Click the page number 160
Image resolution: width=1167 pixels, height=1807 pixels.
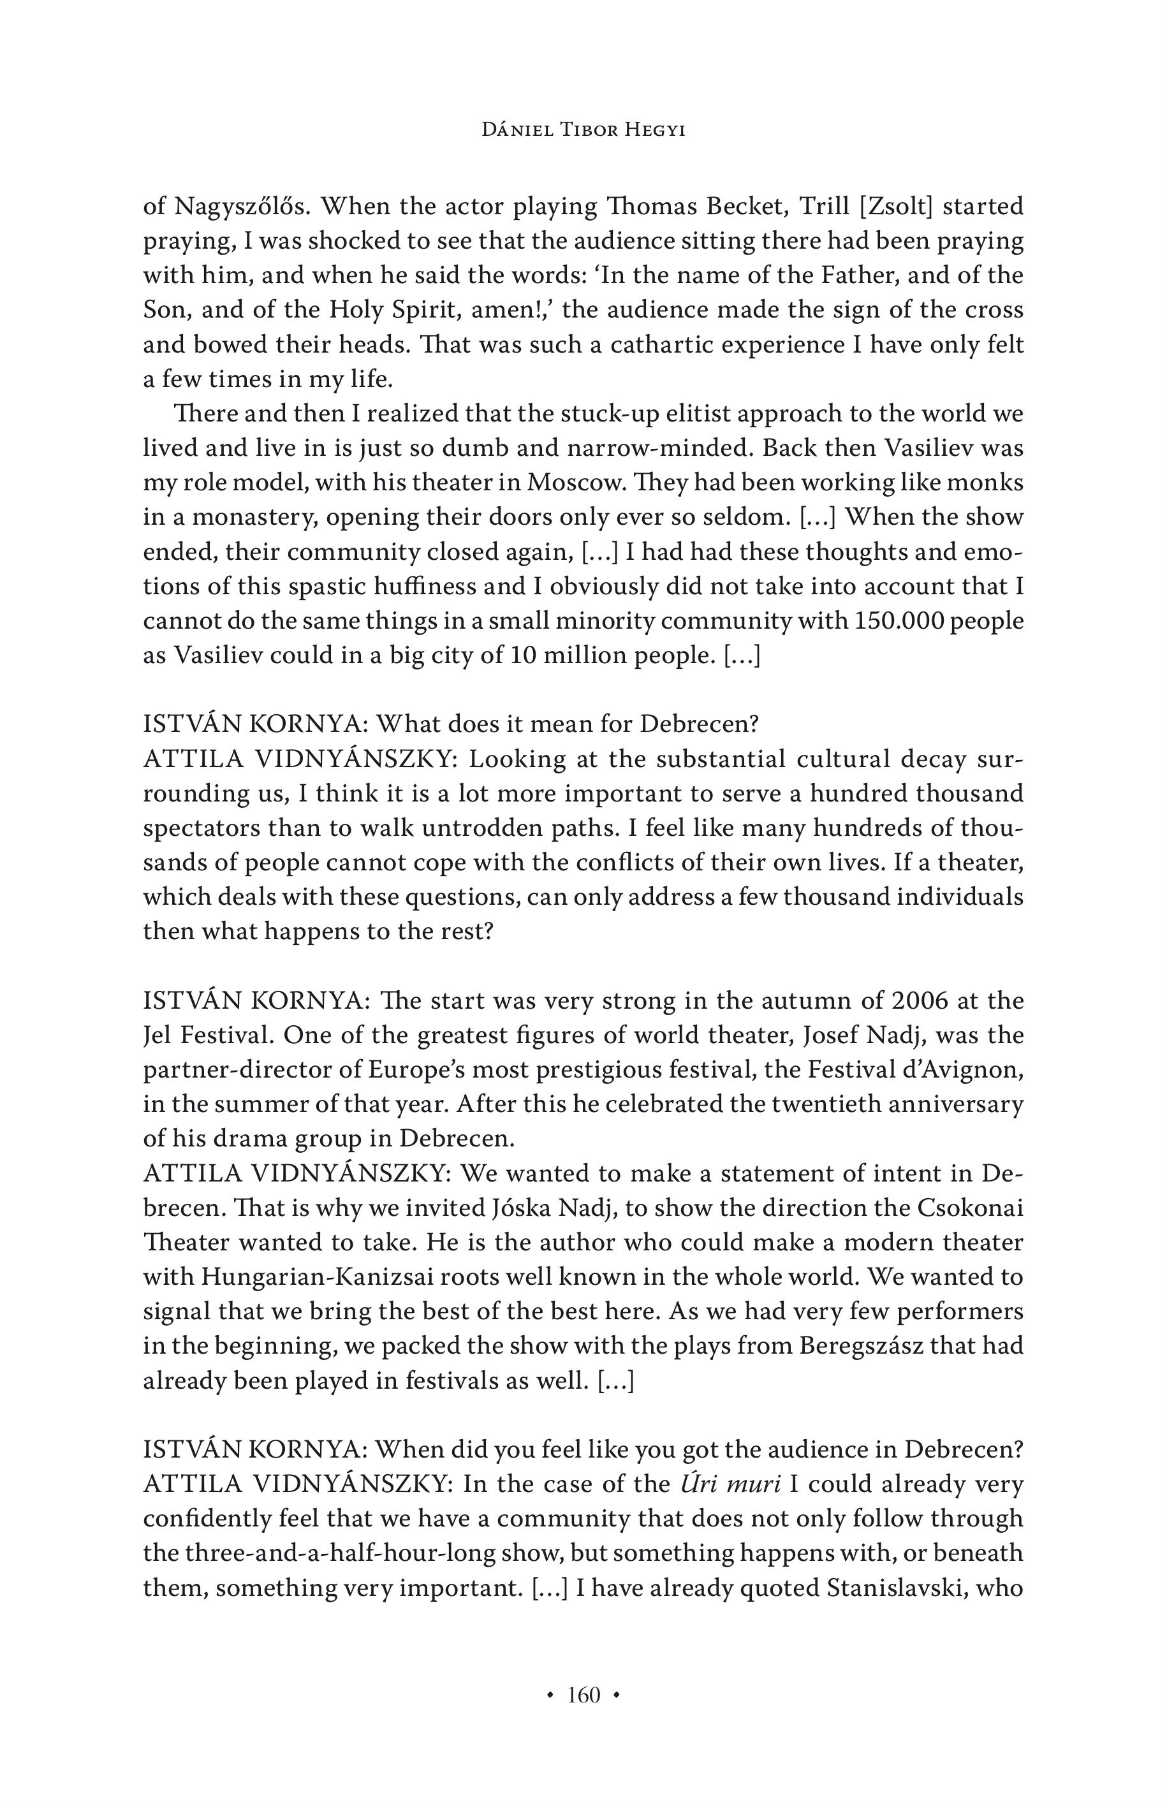point(583,1695)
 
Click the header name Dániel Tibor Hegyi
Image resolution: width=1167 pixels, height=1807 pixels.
point(583,130)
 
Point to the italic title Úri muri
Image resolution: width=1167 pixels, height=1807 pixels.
point(731,1484)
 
